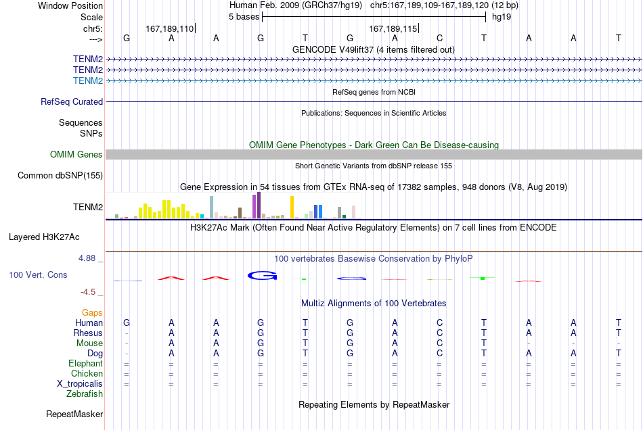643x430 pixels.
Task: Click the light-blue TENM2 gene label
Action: tap(88, 80)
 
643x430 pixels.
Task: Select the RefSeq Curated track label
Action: tap(72, 101)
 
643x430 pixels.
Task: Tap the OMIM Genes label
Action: tap(76, 154)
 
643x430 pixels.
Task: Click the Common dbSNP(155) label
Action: tap(60, 175)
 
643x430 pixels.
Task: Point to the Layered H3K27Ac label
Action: tap(44, 237)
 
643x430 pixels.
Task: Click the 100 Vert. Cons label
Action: tap(38, 274)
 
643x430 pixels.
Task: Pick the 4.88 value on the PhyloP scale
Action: tap(87, 258)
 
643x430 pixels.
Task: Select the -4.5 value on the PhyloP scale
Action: tap(88, 291)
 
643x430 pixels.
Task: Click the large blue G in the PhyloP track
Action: tap(263, 276)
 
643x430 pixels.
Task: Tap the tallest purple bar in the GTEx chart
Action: tap(259, 205)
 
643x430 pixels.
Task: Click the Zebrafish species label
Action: tap(85, 394)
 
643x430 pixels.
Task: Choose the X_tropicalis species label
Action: tap(80, 384)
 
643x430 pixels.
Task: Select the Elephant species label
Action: tap(86, 364)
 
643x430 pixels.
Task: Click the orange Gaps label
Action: tap(92, 313)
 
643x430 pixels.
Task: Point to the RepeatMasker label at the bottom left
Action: tap(74, 414)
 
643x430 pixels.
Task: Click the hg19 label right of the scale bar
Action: tap(502, 17)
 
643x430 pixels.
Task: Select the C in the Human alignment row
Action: tap(439, 322)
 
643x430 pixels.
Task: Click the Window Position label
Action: tap(70, 5)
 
